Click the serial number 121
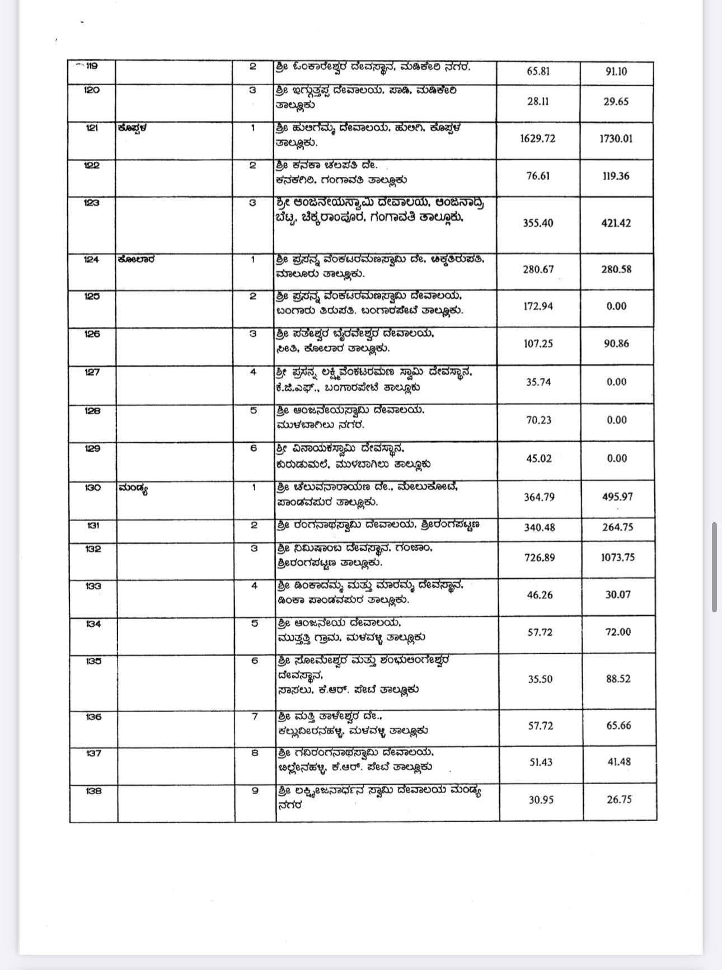coord(92,128)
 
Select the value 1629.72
coord(537,138)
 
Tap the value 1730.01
coord(616,138)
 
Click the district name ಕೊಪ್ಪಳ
coord(133,128)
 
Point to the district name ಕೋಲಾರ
coord(137,260)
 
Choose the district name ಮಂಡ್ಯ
coord(133,489)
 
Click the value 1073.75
coord(618,557)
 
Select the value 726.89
coord(539,557)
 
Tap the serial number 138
coord(93,791)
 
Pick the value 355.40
coord(538,223)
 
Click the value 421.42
coord(616,223)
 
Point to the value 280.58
coord(616,269)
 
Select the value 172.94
coord(538,306)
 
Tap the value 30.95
coord(541,800)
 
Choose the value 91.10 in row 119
coord(616,72)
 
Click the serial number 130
coord(93,488)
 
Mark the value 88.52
coord(618,678)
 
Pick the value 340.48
coord(539,527)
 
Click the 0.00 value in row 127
coord(616,382)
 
